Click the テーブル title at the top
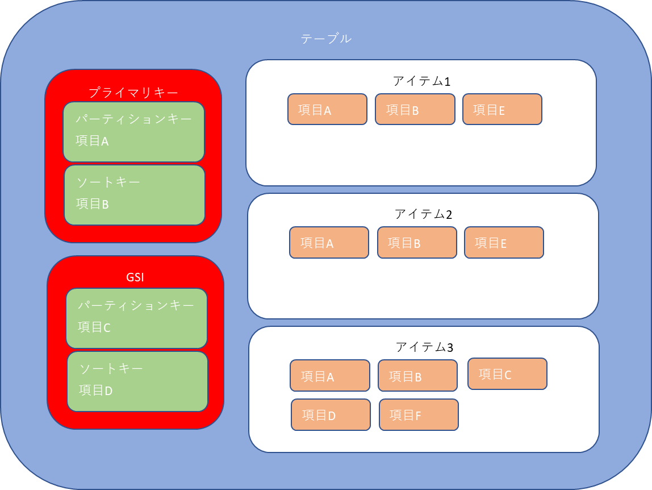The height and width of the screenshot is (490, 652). click(326, 39)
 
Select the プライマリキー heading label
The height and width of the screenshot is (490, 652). click(133, 92)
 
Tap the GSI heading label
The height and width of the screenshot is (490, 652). click(135, 278)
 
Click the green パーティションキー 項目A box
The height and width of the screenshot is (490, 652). click(133, 132)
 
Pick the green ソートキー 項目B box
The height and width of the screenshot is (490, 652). click(134, 195)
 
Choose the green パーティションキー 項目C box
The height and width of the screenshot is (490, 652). click(136, 318)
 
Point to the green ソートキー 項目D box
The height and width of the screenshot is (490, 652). click(137, 381)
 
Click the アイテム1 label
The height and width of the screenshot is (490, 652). click(421, 81)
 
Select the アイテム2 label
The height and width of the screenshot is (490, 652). click(423, 214)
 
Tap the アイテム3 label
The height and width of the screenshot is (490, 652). click(424, 347)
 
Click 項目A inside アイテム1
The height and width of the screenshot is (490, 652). click(327, 109)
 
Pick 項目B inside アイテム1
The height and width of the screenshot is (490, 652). click(415, 109)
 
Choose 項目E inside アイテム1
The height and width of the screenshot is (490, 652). click(502, 109)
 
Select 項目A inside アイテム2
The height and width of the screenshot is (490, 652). click(329, 243)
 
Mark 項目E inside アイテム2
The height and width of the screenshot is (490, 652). click(504, 243)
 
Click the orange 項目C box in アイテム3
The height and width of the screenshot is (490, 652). click(507, 374)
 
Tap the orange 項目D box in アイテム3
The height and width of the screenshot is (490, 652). click(331, 415)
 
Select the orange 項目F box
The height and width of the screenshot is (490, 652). click(419, 415)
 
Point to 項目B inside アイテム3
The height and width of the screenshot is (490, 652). click(417, 376)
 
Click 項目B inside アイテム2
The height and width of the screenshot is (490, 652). click(417, 243)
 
